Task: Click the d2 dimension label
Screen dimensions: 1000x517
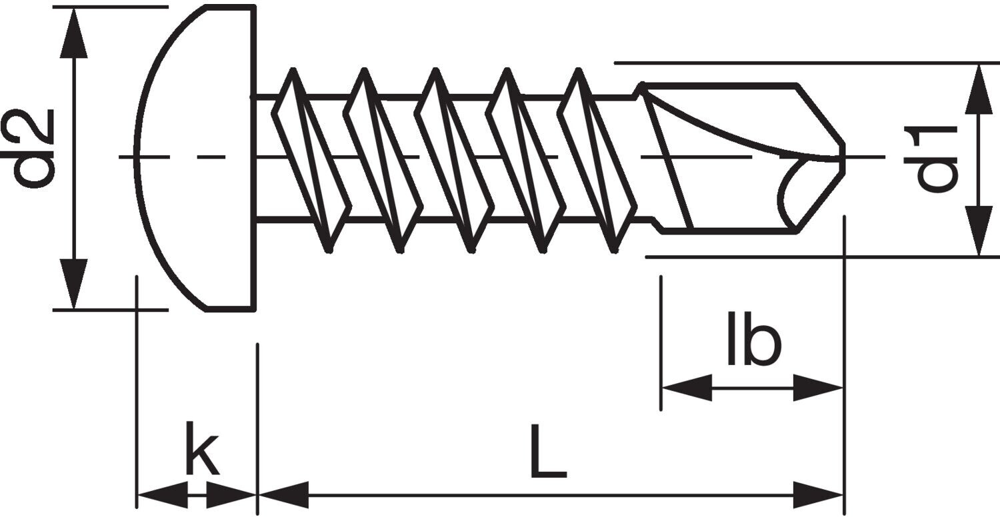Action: tap(28, 148)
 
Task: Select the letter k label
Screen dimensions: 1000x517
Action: tap(202, 448)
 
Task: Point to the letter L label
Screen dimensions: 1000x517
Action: tap(548, 451)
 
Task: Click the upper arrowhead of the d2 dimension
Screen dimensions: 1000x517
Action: tap(73, 33)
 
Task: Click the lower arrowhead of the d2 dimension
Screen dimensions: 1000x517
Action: tap(73, 283)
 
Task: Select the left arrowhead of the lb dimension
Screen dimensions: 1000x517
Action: tap(687, 388)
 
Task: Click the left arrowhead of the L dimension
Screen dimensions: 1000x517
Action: tap(284, 495)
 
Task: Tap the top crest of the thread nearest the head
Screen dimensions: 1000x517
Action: tap(293, 71)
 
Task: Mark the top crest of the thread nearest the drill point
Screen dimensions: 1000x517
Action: tap(579, 71)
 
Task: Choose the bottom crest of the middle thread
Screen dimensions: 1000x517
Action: tap(471, 250)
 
